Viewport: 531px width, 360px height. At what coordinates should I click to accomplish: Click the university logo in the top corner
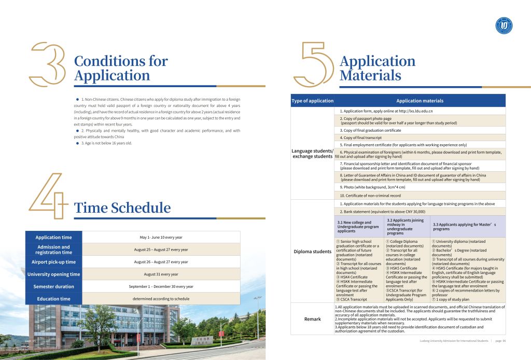point(504,25)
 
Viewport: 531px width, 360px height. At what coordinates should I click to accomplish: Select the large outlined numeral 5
point(314,64)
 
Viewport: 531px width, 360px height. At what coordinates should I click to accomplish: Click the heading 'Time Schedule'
point(122,208)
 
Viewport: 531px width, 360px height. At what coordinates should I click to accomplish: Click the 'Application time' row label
point(53,237)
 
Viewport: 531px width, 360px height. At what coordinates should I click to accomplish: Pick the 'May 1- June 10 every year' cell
point(161,237)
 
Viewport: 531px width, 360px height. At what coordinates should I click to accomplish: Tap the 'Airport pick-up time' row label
point(53,262)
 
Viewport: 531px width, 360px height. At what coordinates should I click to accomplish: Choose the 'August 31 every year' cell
point(161,274)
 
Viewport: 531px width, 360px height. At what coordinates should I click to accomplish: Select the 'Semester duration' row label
point(53,286)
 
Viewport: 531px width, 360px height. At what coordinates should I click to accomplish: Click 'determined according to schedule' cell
point(161,299)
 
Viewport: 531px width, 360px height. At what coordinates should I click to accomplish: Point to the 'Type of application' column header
point(312,101)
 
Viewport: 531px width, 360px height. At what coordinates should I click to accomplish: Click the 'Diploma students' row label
point(312,252)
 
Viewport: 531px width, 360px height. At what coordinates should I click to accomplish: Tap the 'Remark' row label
point(312,319)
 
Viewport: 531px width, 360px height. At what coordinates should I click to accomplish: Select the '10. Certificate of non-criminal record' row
point(370,196)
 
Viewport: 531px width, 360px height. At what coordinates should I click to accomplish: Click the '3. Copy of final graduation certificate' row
point(370,130)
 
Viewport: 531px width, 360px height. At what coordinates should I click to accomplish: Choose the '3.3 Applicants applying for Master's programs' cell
point(464,226)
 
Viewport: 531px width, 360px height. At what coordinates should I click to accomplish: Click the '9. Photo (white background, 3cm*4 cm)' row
point(372,187)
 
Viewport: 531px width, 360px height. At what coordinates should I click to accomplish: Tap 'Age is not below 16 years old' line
point(106,143)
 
